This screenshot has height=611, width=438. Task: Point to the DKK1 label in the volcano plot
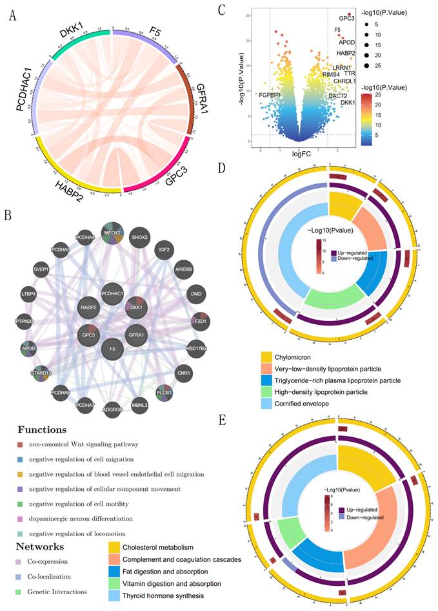348,102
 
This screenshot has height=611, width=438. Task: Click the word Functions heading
41,430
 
